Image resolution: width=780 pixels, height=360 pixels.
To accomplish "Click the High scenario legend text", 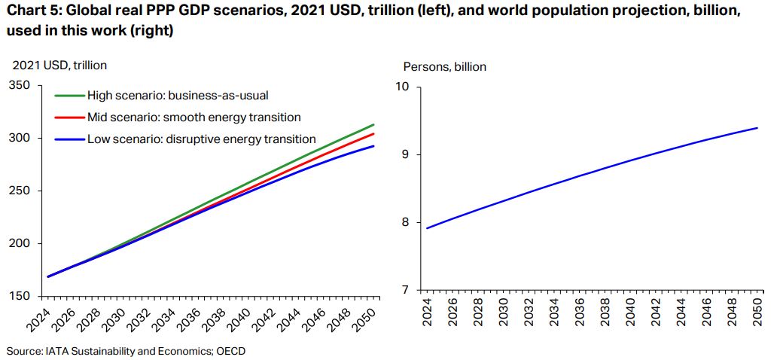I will [x=178, y=96].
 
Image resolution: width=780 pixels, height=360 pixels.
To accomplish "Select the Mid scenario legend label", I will [x=193, y=117].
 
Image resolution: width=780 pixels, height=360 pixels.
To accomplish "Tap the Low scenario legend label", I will [x=201, y=139].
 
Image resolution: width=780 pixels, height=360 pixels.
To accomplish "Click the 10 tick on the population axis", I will [x=403, y=87].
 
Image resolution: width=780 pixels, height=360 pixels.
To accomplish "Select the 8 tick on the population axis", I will [x=406, y=222].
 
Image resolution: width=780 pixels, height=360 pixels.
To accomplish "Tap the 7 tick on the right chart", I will [x=406, y=290].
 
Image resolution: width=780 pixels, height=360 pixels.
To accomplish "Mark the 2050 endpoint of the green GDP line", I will [x=373, y=125].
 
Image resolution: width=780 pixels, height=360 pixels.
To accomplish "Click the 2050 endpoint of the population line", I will [x=756, y=128].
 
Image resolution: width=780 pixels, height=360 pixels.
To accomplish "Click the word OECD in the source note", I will [x=230, y=350].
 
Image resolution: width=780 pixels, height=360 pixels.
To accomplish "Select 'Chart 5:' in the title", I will [x=31, y=14].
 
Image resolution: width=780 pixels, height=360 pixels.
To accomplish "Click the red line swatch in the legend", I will [x=69, y=117].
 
